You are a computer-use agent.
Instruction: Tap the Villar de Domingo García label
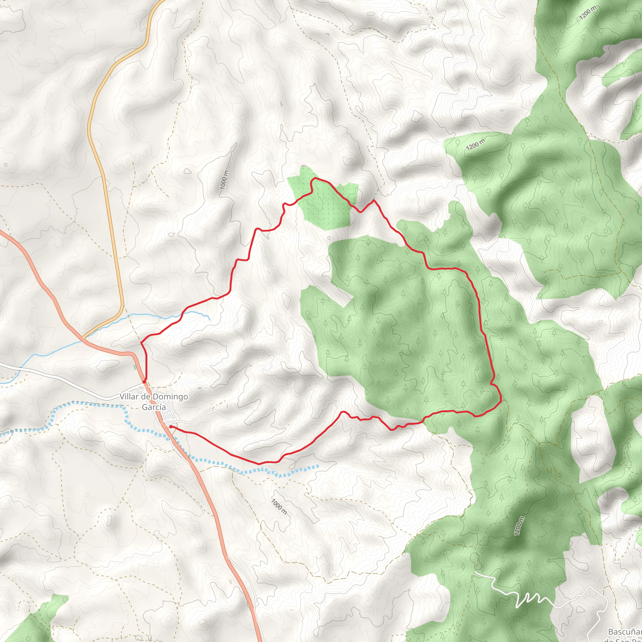pyautogui.click(x=153, y=402)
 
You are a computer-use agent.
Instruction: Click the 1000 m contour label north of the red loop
pyautogui.click(x=225, y=180)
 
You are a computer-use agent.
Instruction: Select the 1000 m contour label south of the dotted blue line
pyautogui.click(x=279, y=507)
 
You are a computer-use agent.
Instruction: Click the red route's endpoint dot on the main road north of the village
pyautogui.click(x=144, y=382)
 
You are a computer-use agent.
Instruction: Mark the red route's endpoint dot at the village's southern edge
pyautogui.click(x=171, y=426)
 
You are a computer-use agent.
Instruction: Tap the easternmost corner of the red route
pyautogui.click(x=500, y=402)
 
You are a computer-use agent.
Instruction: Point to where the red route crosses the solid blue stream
pyautogui.click(x=182, y=313)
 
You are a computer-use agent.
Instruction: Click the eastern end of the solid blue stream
pyautogui.click(x=209, y=320)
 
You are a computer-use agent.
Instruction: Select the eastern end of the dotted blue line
pyautogui.click(x=318, y=466)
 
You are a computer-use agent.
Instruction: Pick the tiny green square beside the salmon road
pyautogui.click(x=135, y=367)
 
